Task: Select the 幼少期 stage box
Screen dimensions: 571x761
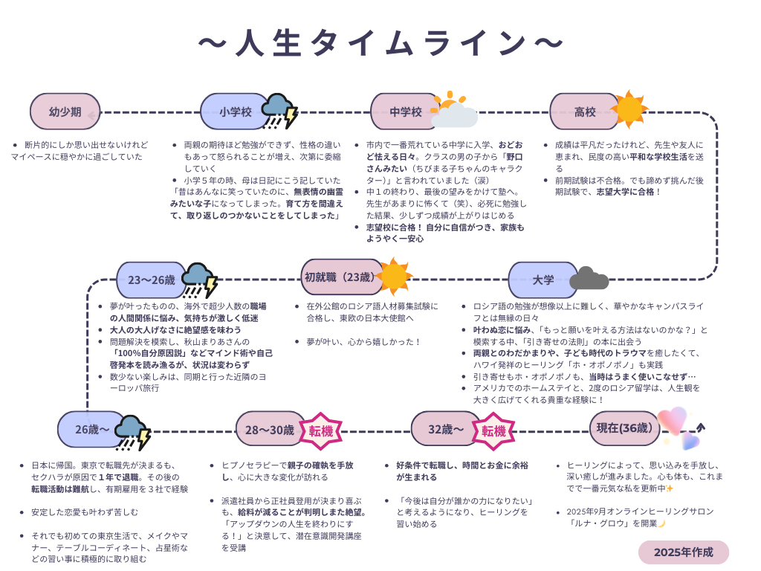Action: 65,112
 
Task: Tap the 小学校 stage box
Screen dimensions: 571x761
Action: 235,112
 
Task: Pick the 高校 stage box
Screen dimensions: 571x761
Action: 585,112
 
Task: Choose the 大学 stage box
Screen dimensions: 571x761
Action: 543,280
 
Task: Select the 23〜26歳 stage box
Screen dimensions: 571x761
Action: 152,280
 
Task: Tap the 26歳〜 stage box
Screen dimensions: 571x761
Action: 92,429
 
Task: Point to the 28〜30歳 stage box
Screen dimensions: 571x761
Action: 270,429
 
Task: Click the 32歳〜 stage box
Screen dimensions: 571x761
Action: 446,429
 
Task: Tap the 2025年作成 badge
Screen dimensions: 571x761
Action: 683,552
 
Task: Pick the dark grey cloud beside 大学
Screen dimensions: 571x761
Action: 589,278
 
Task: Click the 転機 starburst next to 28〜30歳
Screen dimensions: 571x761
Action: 321,430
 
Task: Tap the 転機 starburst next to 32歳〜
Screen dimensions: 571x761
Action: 493,430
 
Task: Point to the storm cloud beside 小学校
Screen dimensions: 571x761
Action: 279,112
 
